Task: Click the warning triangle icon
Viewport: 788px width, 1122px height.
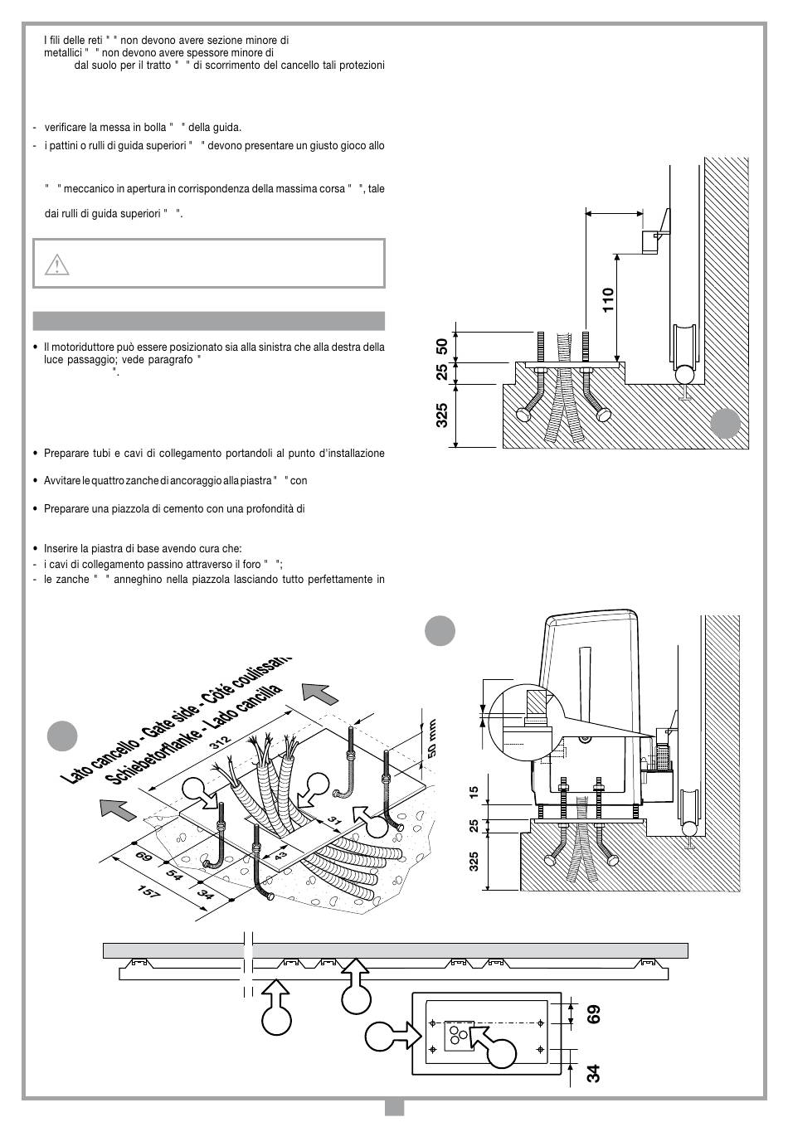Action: click(x=56, y=264)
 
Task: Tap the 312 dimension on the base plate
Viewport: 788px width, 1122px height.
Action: click(x=220, y=743)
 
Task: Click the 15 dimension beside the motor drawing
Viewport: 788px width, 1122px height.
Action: click(x=474, y=792)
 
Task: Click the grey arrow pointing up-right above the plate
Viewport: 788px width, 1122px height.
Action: click(x=319, y=691)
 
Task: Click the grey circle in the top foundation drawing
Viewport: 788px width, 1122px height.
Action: click(x=725, y=424)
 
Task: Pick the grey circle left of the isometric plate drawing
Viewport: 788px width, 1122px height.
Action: click(x=62, y=736)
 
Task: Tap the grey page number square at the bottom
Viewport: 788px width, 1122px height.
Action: click(x=394, y=1107)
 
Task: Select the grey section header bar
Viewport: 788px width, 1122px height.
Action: click(x=209, y=321)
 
